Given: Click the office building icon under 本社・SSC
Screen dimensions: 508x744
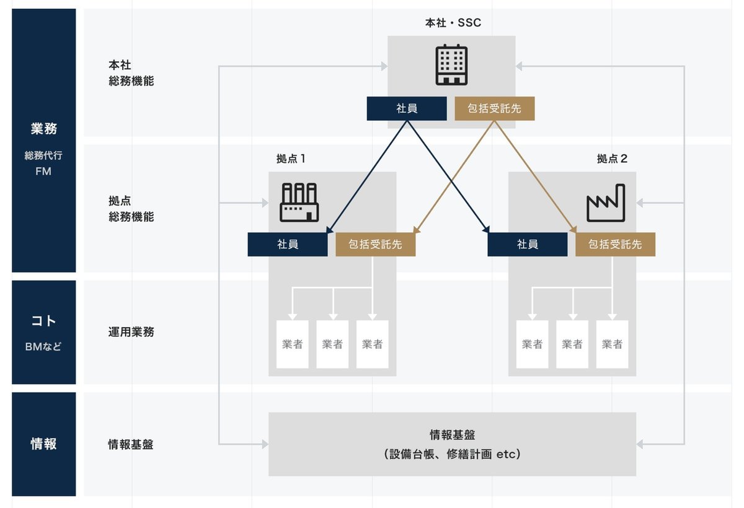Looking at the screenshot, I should click(451, 64).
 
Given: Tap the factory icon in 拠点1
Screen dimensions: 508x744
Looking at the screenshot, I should click(299, 202).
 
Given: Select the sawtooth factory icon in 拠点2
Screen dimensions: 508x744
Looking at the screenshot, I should click(606, 203).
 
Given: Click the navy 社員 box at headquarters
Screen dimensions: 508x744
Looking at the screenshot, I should click(407, 108).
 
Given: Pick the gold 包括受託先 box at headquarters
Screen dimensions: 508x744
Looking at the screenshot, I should click(494, 108).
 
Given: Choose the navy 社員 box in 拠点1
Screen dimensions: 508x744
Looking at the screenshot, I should click(288, 244).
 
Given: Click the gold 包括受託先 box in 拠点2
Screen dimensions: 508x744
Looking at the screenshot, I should click(615, 244).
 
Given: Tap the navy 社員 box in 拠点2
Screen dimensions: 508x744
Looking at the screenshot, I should click(527, 244).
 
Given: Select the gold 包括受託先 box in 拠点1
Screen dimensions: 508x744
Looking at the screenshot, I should click(375, 244).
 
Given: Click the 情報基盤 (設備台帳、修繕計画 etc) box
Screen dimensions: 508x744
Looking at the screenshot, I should click(452, 444).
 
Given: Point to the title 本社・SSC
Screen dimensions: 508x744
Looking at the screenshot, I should click(453, 23).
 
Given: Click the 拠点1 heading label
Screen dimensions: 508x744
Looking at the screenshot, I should click(291, 159).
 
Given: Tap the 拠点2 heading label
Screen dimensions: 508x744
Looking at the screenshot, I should click(612, 159).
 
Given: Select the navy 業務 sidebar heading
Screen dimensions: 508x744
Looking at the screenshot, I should click(43, 129).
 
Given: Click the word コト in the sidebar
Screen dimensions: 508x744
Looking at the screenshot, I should click(43, 321).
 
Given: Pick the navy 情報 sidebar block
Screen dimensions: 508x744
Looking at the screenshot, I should click(43, 444).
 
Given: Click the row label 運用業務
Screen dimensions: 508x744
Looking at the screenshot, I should click(131, 332).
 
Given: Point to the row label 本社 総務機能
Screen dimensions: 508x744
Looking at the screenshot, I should click(131, 72).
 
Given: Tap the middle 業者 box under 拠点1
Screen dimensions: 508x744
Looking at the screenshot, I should click(332, 344).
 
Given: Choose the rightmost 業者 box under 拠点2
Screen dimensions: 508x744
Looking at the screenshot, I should click(612, 344).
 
